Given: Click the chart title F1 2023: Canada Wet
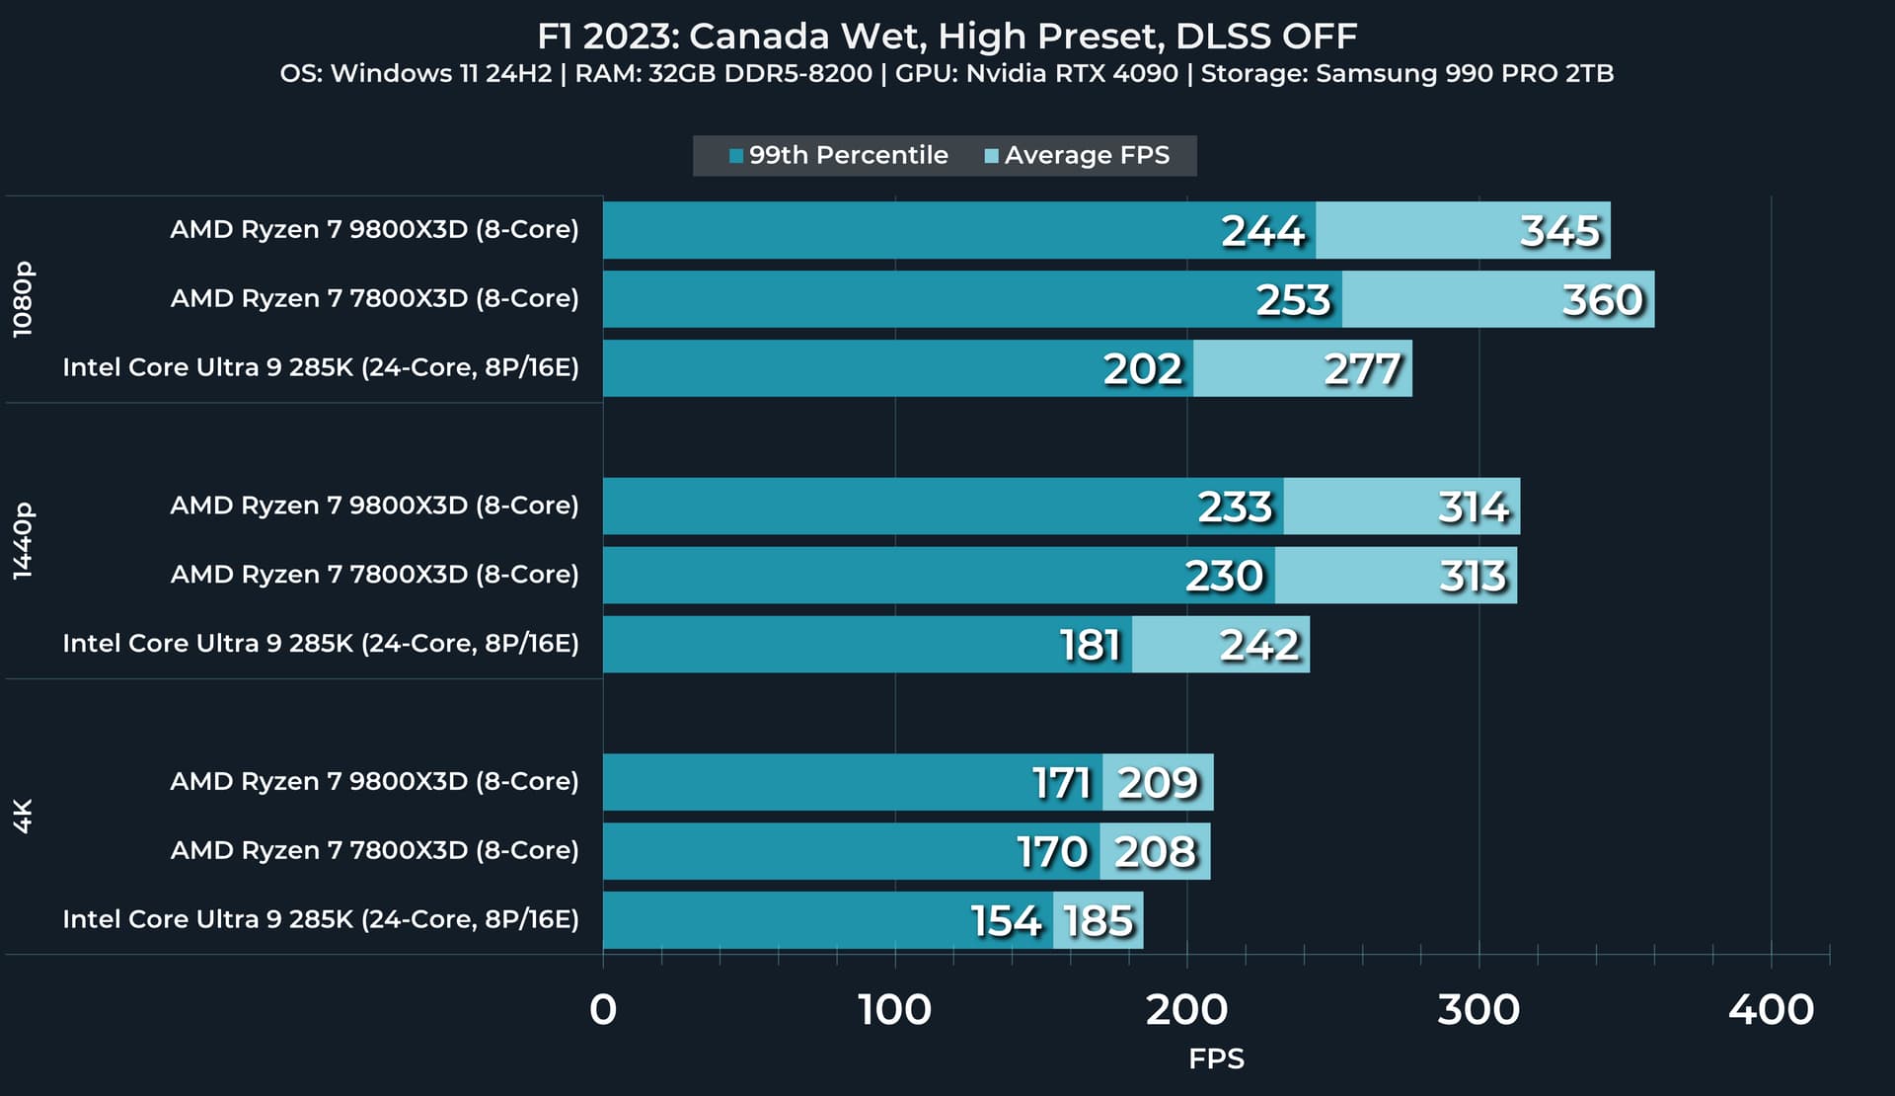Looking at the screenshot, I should [947, 37].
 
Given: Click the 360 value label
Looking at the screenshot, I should [1602, 300].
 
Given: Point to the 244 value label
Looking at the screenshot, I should [1262, 231].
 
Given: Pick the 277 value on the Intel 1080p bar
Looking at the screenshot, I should [1362, 369].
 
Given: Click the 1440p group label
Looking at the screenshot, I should [23, 540].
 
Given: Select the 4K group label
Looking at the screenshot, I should [23, 816].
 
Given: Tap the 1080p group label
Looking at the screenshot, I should [23, 299].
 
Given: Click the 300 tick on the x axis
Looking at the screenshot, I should [1478, 1009].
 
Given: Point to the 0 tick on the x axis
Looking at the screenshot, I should [603, 1009].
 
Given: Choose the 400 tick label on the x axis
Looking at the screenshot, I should [1771, 1009].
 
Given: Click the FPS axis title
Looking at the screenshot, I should [1216, 1059].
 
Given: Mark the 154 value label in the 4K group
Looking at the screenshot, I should [1006, 921].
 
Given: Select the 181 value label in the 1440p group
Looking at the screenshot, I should [1090, 646].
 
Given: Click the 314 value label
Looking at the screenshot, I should [1473, 508].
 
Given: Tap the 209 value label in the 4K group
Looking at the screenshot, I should [1158, 783].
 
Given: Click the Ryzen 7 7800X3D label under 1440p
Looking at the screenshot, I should [374, 575].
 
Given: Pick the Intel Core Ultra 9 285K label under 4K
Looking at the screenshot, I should [321, 919].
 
